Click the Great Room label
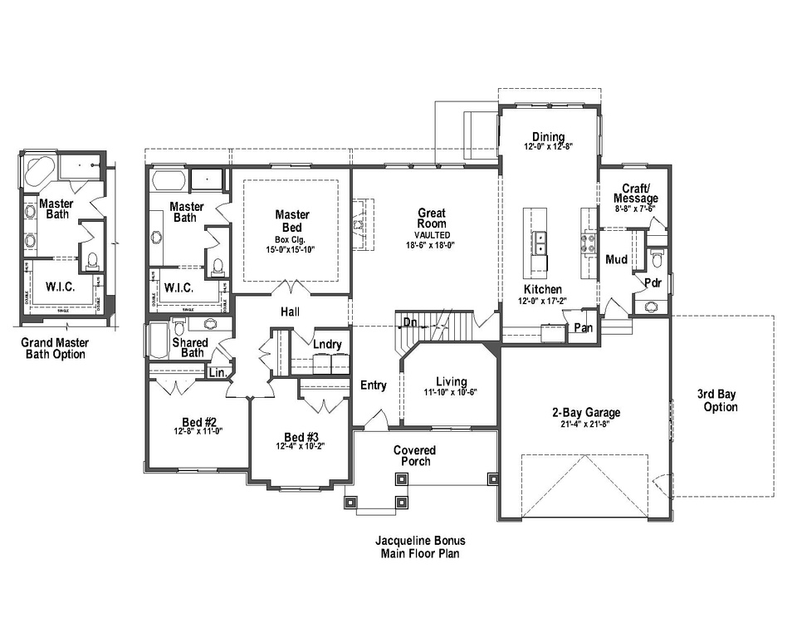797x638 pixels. pyautogui.click(x=432, y=218)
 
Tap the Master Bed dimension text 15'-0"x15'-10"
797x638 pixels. pyautogui.click(x=291, y=249)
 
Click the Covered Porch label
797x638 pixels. pyautogui.click(x=414, y=455)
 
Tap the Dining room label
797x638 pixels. pyautogui.click(x=549, y=137)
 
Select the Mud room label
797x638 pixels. pyautogui.click(x=616, y=259)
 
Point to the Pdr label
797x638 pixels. pyautogui.click(x=653, y=282)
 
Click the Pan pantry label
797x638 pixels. pyautogui.click(x=583, y=329)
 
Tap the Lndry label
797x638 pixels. pyautogui.click(x=327, y=344)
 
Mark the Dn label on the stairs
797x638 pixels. pyautogui.click(x=409, y=322)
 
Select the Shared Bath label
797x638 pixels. pyautogui.click(x=188, y=347)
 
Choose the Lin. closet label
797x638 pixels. pyautogui.click(x=218, y=374)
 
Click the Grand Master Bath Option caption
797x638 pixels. pyautogui.click(x=55, y=348)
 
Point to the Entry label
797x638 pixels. pyautogui.click(x=374, y=385)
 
